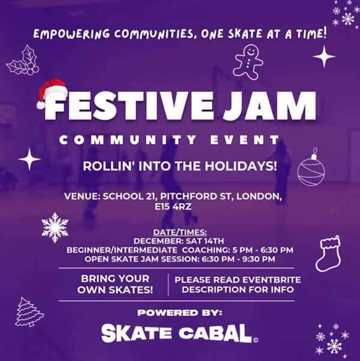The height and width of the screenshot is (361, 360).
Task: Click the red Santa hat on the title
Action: pyautogui.click(x=52, y=93)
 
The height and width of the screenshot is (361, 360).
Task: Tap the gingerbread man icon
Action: pyautogui.click(x=248, y=62)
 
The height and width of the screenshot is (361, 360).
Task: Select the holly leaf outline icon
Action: pyautogui.click(x=23, y=61)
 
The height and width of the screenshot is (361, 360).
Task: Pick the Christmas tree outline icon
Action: pyautogui.click(x=28, y=312)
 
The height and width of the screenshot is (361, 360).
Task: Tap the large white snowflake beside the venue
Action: pyautogui.click(x=55, y=228)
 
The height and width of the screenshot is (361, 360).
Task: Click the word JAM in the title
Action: pyautogui.click(x=269, y=106)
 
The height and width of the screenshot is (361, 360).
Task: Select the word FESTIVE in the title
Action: pyautogui.click(x=129, y=106)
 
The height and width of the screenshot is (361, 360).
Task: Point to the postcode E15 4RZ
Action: pyautogui.click(x=173, y=207)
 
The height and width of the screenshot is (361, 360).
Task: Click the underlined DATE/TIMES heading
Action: pyautogui.click(x=180, y=232)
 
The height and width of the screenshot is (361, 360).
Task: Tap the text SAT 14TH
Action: pyautogui.click(x=205, y=241)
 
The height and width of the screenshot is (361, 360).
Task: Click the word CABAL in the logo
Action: pyautogui.click(x=215, y=333)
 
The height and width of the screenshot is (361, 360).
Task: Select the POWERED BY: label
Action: pyautogui.click(x=180, y=313)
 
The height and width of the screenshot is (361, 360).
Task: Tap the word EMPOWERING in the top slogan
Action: pyautogui.click(x=71, y=34)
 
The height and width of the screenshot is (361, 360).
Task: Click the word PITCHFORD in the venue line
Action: pyautogui.click(x=188, y=196)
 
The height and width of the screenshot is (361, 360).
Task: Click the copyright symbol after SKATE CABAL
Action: pyautogui.click(x=256, y=340)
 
